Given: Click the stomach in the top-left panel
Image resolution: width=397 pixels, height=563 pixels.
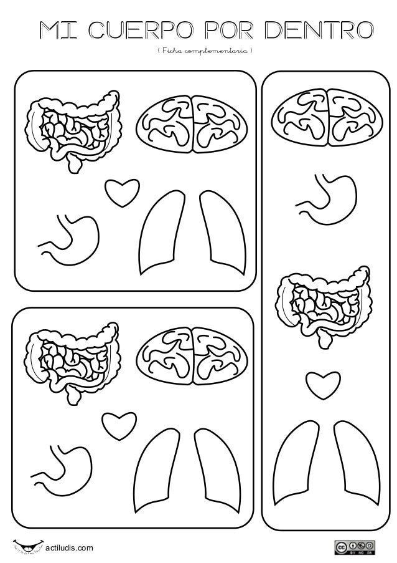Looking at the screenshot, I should (x=70, y=237).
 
